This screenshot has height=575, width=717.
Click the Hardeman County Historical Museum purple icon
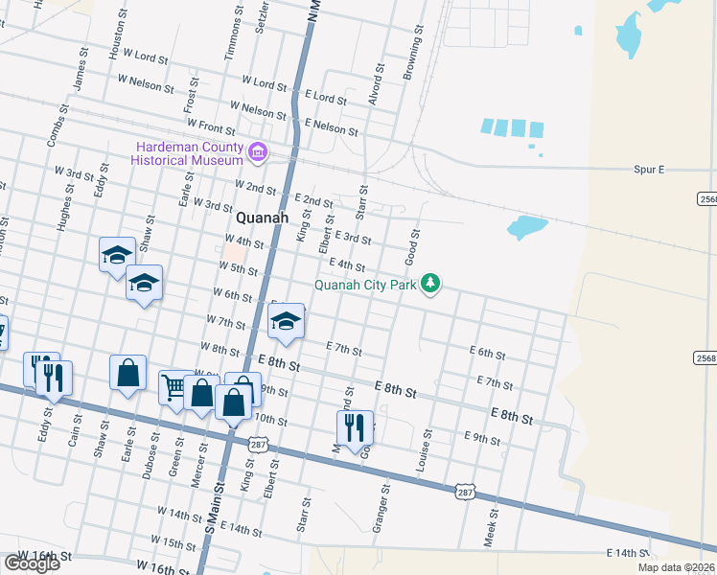click(257, 151)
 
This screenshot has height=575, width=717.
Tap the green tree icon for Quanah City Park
click(431, 283)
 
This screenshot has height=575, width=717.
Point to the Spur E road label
click(649, 170)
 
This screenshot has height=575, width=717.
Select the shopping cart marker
click(173, 388)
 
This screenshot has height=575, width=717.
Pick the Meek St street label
click(491, 526)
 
